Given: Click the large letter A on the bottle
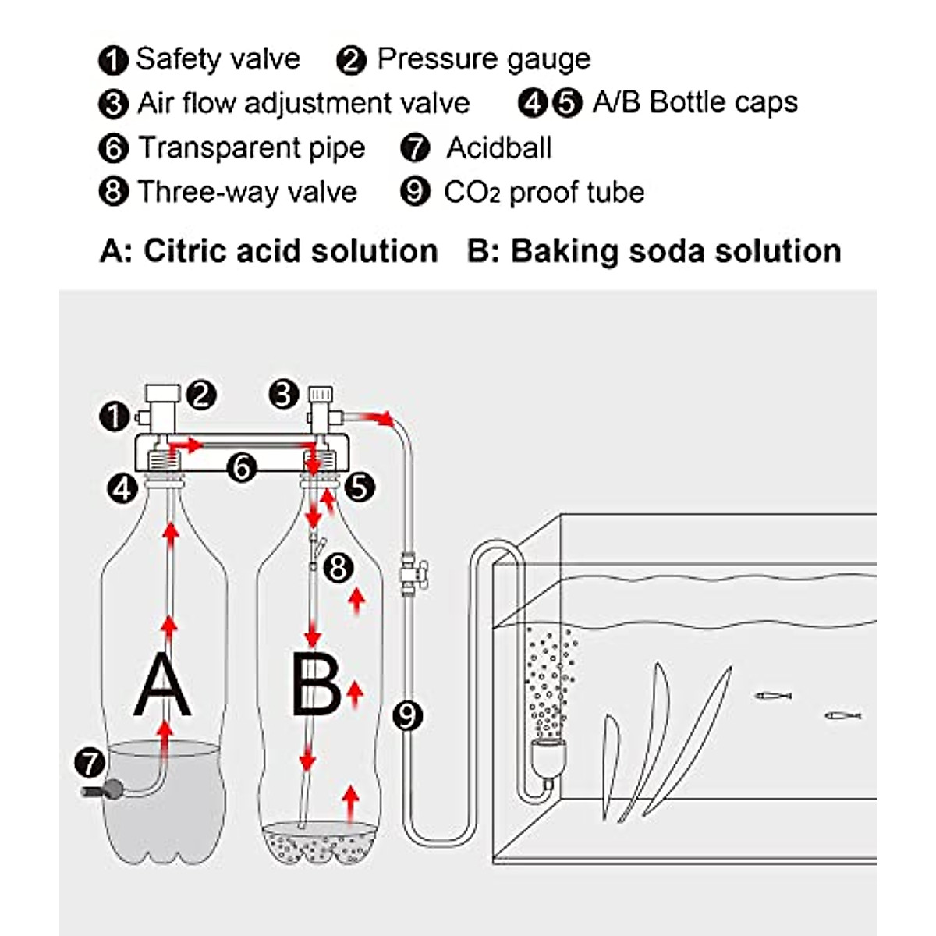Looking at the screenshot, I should coord(162,686).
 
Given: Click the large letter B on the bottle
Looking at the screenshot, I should coord(315,686).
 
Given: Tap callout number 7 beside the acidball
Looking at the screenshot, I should coord(90,762).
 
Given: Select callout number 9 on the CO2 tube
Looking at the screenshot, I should coord(406,714).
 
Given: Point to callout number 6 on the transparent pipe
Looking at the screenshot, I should coord(243,468).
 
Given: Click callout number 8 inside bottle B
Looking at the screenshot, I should coord(338,567).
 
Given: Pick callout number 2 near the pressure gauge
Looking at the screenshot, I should coord(202,395).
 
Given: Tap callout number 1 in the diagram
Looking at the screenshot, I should coord(114,416).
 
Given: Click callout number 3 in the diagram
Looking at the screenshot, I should coord(283,395).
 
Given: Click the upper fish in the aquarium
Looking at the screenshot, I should coord(773,695).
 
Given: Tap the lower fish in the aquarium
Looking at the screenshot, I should coord(842,714).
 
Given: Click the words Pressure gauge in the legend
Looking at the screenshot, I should coord(484,59).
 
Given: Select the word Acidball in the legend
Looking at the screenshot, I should coord(499,147).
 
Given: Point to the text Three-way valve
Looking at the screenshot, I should coord(247,192).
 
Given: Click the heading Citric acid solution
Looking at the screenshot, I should coord(290,251).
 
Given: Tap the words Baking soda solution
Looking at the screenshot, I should coord(675,251).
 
